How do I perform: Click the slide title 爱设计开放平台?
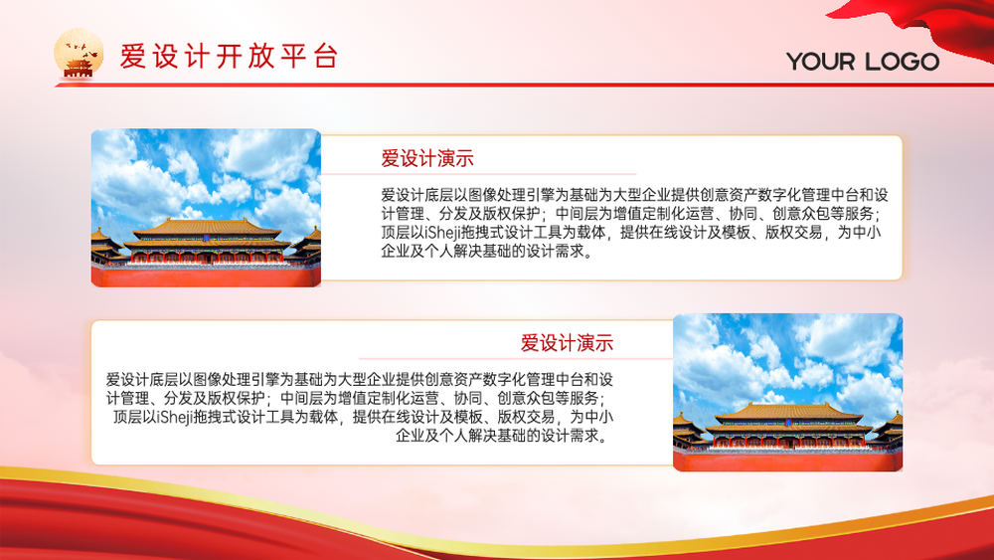tap(229, 56)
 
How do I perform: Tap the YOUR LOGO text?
tap(863, 62)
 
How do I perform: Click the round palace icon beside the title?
tap(79, 54)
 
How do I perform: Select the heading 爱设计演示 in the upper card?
tap(427, 158)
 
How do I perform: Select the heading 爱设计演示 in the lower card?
tap(567, 342)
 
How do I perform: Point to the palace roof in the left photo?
tap(206, 229)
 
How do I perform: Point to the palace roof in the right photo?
tap(788, 413)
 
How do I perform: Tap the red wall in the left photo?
tap(206, 276)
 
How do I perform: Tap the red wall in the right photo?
tap(788, 462)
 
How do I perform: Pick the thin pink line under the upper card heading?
tap(479, 174)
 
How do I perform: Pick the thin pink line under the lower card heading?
tap(515, 359)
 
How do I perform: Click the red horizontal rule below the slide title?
tap(524, 85)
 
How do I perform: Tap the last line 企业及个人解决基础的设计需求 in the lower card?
tap(502, 436)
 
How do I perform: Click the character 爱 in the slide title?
tap(132, 56)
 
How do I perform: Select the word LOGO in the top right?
tap(902, 62)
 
